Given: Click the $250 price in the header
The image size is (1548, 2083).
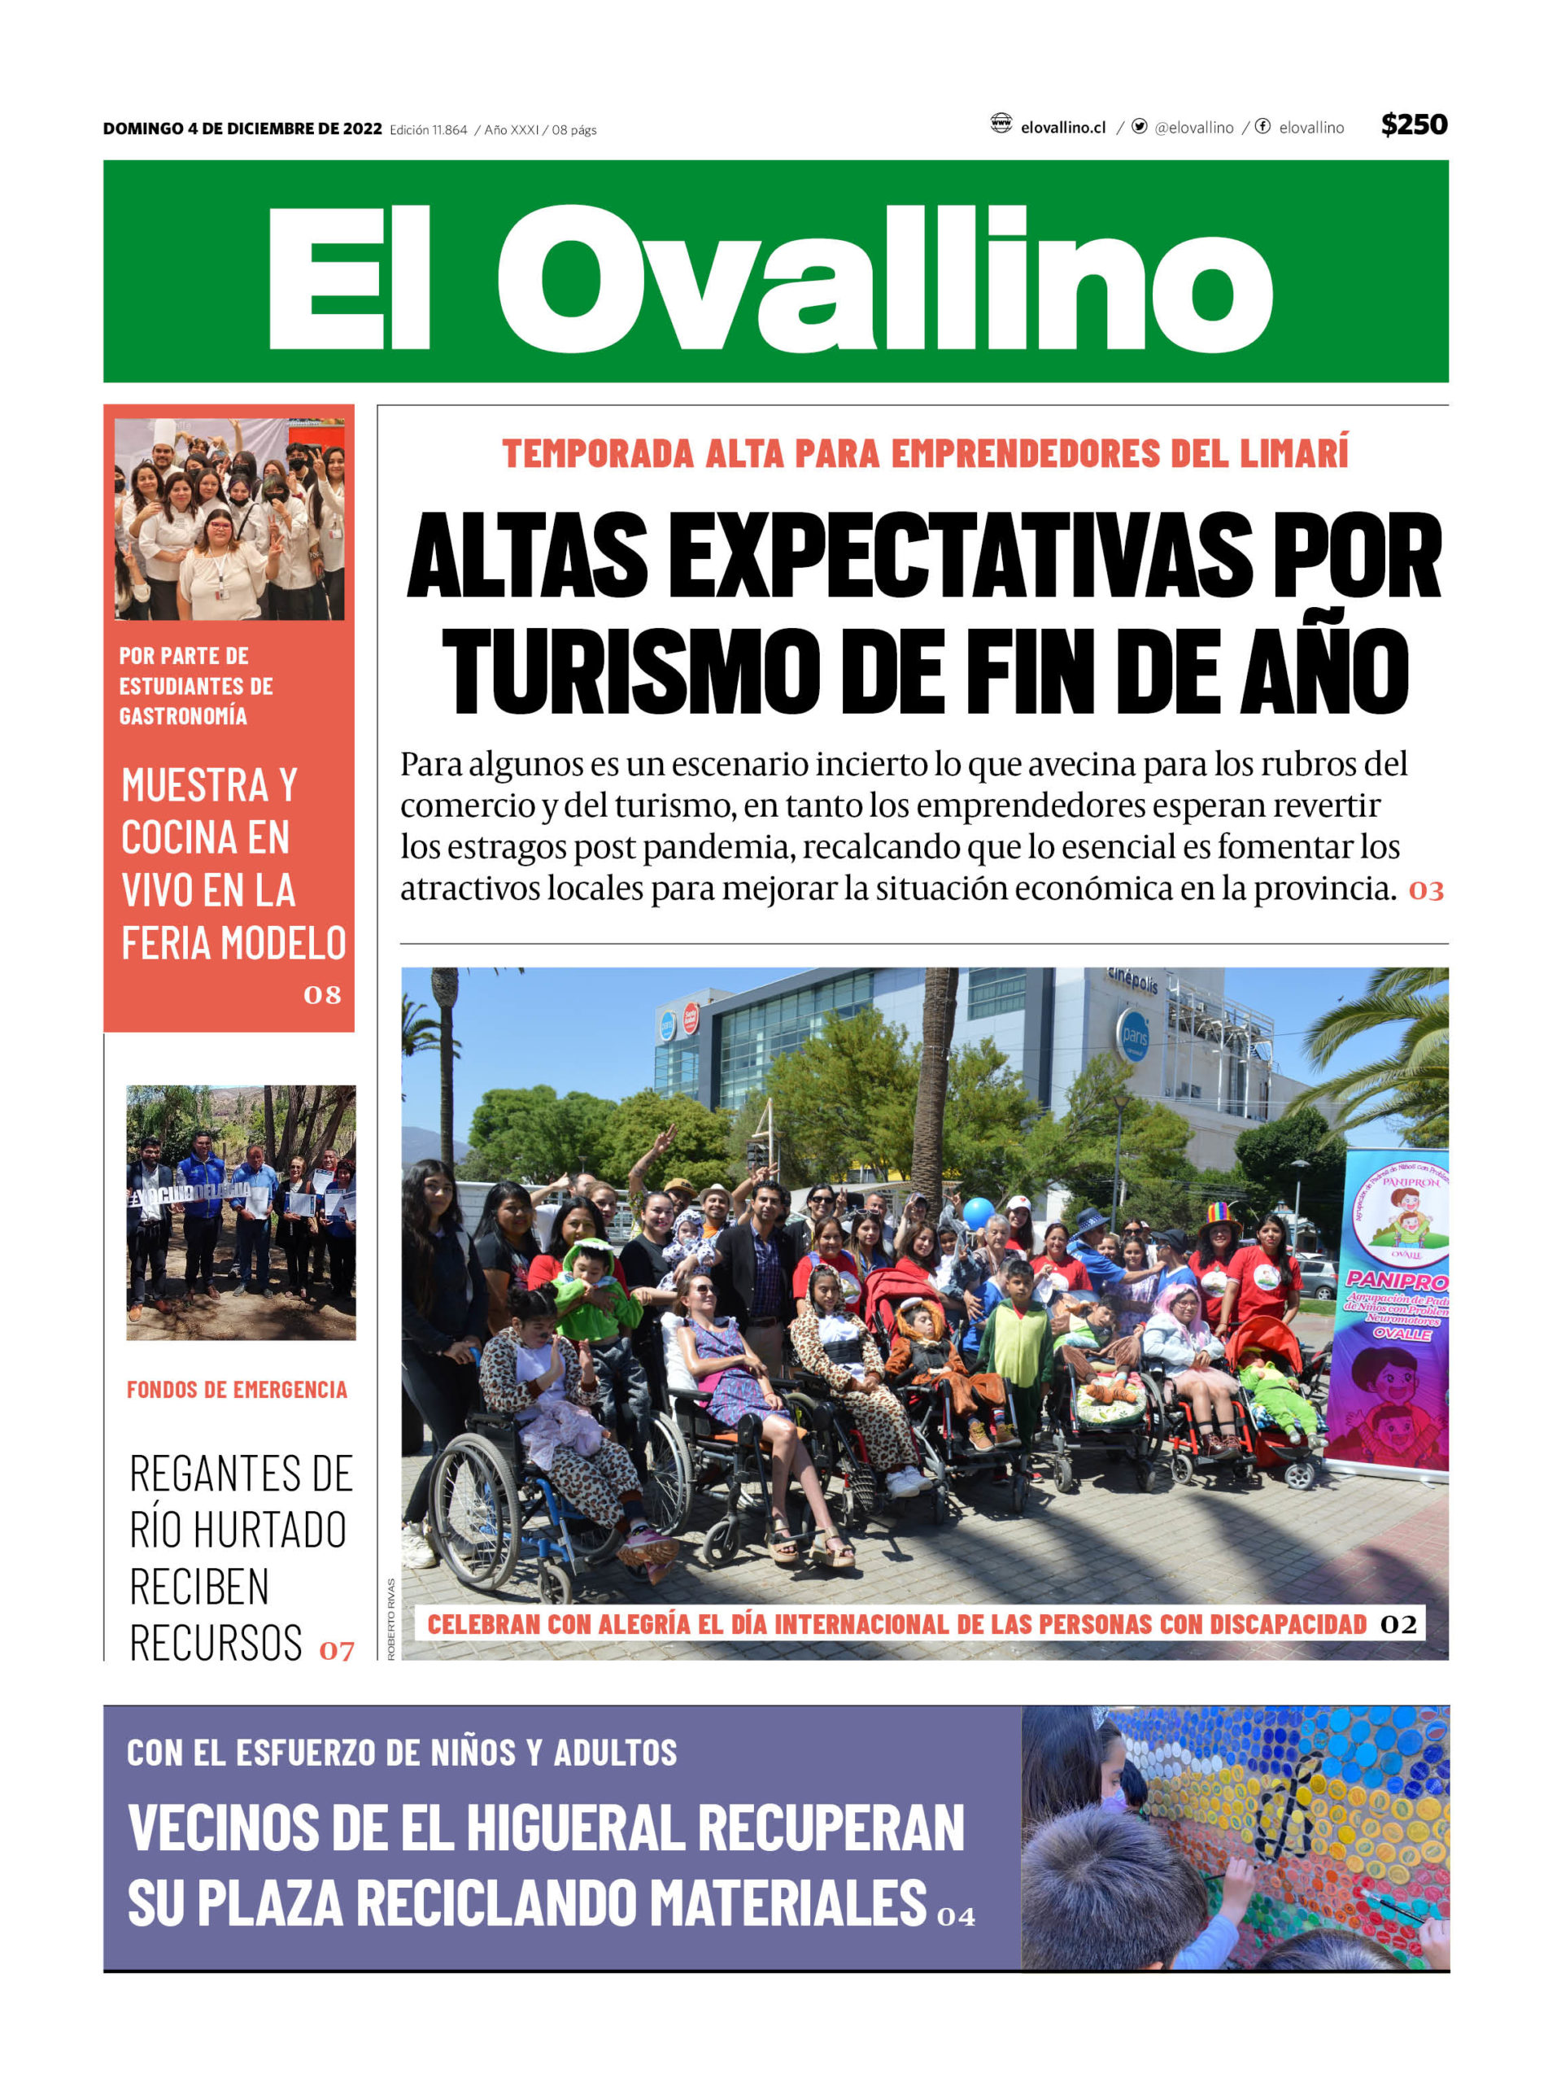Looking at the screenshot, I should point(1413,124).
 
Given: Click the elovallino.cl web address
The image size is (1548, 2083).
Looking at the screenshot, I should point(1062,128).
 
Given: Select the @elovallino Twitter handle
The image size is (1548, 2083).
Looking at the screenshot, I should point(1193,128).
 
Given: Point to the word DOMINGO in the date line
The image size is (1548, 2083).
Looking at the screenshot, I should point(143,129).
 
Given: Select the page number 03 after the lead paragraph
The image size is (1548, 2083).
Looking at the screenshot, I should point(1425,891).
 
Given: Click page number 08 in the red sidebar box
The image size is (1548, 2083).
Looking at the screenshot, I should point(321,995).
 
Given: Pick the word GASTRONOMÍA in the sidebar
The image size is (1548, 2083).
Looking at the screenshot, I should point(183,717).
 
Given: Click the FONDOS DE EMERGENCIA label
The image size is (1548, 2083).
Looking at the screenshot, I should point(236,1390).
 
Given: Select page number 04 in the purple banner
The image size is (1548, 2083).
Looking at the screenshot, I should point(956,1916).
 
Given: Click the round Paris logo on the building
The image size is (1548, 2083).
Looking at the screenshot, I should point(1135,1036).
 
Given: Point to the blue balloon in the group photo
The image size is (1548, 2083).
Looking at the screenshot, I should point(979,1213).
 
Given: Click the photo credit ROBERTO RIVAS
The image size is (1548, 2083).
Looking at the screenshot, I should point(390,1621).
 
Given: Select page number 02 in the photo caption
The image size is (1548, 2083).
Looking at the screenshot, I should point(1398,1624).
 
